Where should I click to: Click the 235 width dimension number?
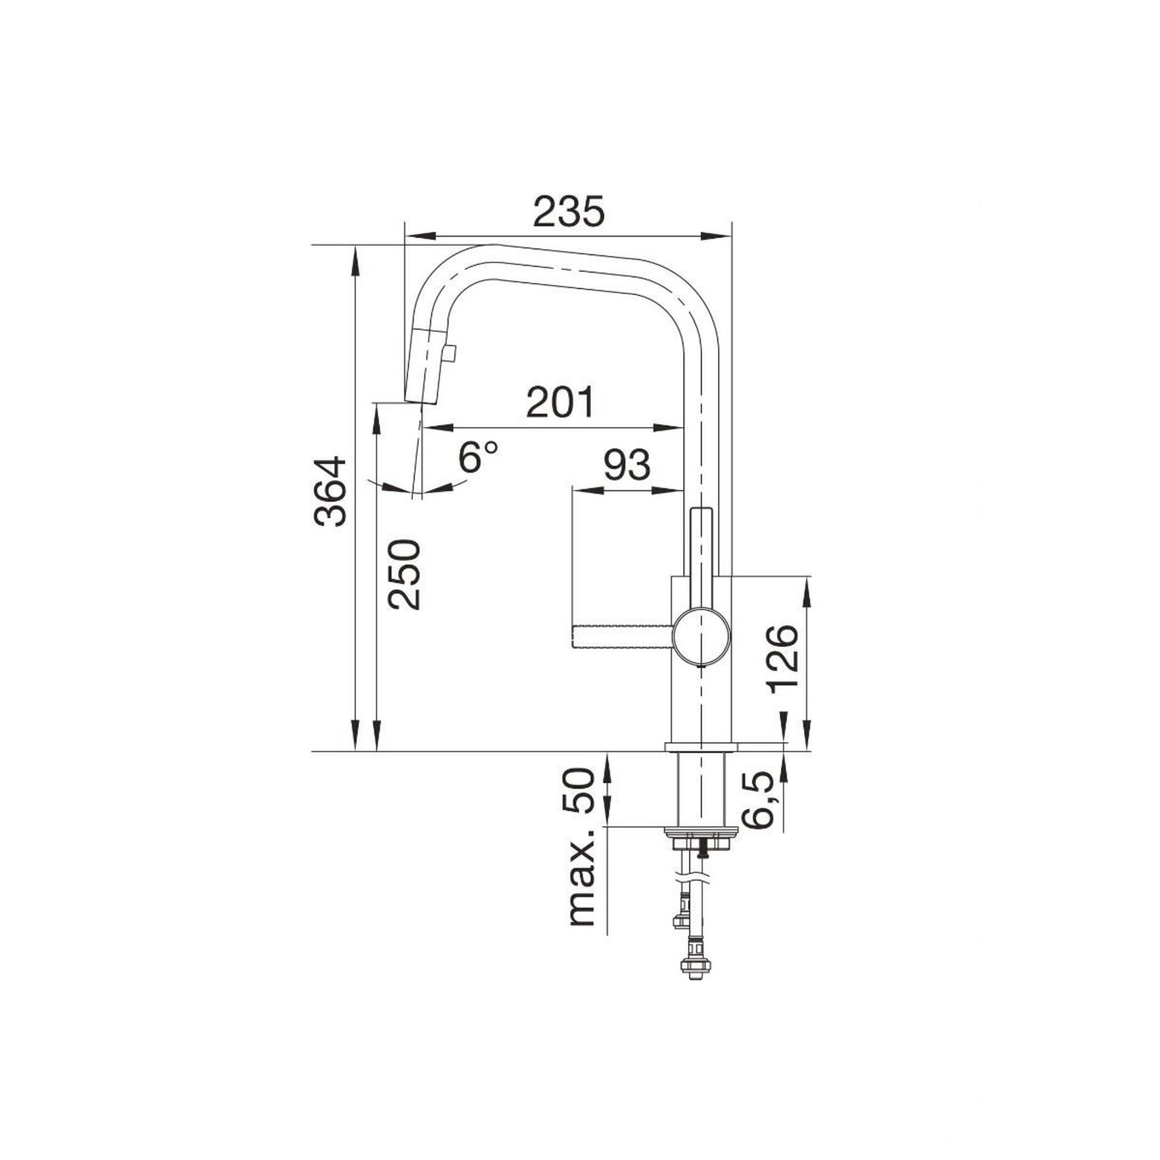click(x=568, y=212)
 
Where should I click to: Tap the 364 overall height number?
click(x=331, y=492)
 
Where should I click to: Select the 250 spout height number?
click(x=404, y=575)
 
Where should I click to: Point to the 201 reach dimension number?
click(x=560, y=401)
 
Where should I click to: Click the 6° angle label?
click(x=478, y=457)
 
